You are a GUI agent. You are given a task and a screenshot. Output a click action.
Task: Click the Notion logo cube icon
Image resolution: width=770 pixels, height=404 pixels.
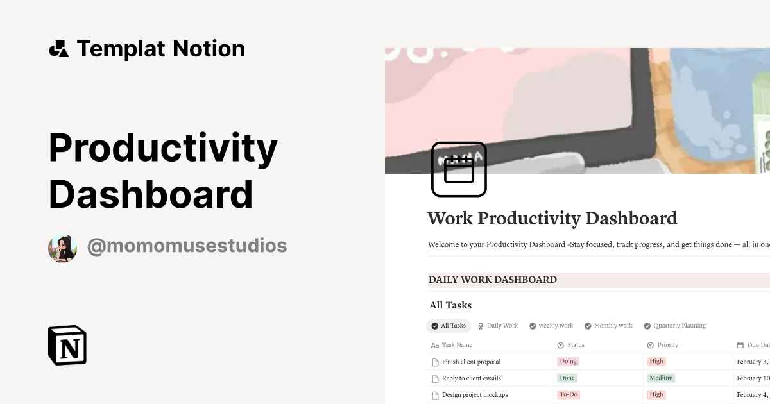(x=67, y=345)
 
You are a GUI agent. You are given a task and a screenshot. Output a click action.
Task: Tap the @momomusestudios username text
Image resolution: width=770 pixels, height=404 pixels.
(x=187, y=246)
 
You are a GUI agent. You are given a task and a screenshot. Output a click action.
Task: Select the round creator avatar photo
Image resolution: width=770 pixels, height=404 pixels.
(x=63, y=248)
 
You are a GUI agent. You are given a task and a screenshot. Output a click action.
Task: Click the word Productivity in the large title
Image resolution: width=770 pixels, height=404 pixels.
(x=163, y=148)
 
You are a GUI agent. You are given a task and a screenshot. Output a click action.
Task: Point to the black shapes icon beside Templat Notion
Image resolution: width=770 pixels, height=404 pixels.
(x=58, y=49)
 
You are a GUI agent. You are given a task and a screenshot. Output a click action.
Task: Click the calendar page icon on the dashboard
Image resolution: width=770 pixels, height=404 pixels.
(x=459, y=169)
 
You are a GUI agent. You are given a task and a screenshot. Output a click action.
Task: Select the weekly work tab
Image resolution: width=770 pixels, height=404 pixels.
(x=551, y=326)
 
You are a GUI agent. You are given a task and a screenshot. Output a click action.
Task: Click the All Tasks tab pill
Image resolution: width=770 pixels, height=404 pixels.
(x=449, y=326)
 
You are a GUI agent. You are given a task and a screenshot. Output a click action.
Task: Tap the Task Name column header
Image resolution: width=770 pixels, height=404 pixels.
(x=457, y=345)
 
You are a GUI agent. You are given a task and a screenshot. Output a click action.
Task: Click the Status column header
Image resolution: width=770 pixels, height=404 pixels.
(x=576, y=345)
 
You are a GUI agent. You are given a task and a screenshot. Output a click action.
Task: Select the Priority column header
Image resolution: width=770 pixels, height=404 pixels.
(x=667, y=345)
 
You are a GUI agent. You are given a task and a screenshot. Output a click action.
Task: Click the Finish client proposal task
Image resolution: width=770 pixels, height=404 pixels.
(x=471, y=362)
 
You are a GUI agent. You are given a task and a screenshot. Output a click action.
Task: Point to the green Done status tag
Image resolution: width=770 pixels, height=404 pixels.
(x=567, y=378)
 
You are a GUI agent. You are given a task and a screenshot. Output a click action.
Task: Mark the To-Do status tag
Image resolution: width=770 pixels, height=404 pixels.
(x=569, y=394)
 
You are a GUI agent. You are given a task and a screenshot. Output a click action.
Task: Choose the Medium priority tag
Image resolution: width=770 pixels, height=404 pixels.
(x=661, y=378)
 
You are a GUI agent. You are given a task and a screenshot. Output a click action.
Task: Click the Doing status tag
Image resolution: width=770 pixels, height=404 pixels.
(x=568, y=362)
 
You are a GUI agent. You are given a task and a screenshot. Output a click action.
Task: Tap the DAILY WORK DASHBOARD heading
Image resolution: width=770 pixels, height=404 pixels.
(x=493, y=280)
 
